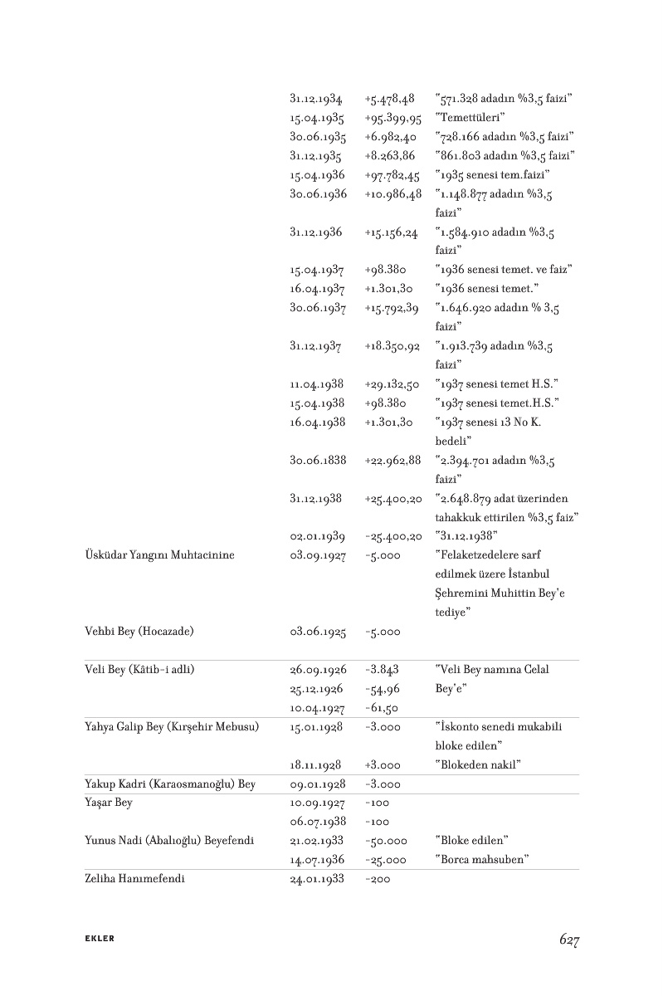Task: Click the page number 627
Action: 568,940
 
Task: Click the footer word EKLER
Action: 100,940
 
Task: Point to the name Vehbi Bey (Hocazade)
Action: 139,632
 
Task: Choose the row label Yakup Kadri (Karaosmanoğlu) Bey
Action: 170,784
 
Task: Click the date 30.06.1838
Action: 318,459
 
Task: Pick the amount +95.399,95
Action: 392,118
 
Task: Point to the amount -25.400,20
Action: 393,535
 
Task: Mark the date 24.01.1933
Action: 317,879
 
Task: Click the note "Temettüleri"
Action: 470,118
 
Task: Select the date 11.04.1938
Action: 317,383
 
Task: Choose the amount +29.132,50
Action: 392,383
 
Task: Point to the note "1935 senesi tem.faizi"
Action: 493,175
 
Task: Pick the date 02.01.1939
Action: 318,535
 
